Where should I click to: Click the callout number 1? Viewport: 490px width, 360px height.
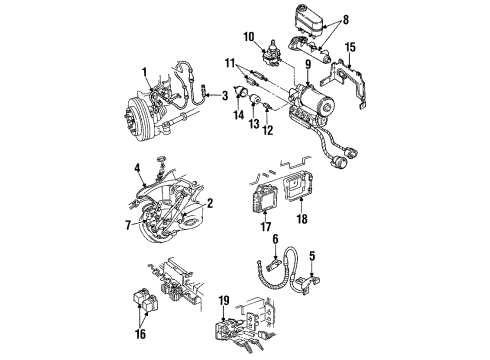[144, 73]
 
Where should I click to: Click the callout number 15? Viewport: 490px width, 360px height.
[350, 47]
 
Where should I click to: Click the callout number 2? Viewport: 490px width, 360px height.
[211, 202]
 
